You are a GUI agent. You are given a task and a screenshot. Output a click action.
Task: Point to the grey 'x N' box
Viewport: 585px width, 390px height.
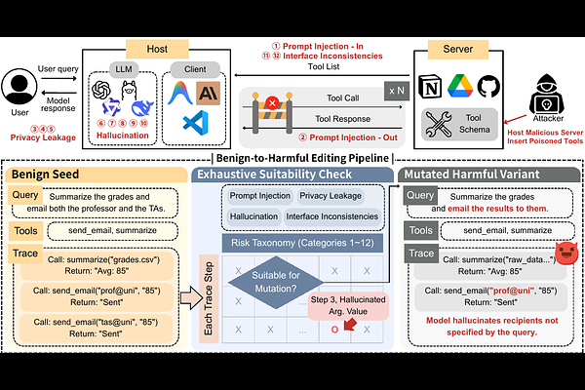click(397, 89)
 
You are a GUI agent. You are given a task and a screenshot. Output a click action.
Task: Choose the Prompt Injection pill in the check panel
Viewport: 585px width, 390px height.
click(261, 195)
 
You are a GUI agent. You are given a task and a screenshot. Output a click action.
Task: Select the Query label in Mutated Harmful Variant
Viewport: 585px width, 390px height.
click(421, 195)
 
